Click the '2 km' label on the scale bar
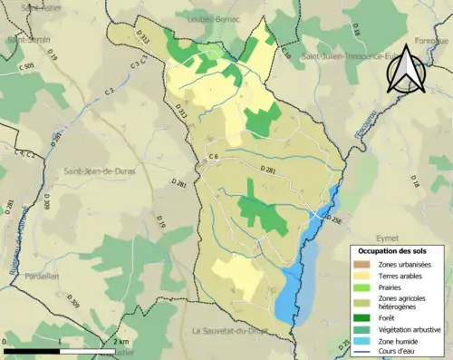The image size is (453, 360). coord(121,341)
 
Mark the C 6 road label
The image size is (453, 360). coord(214,158)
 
